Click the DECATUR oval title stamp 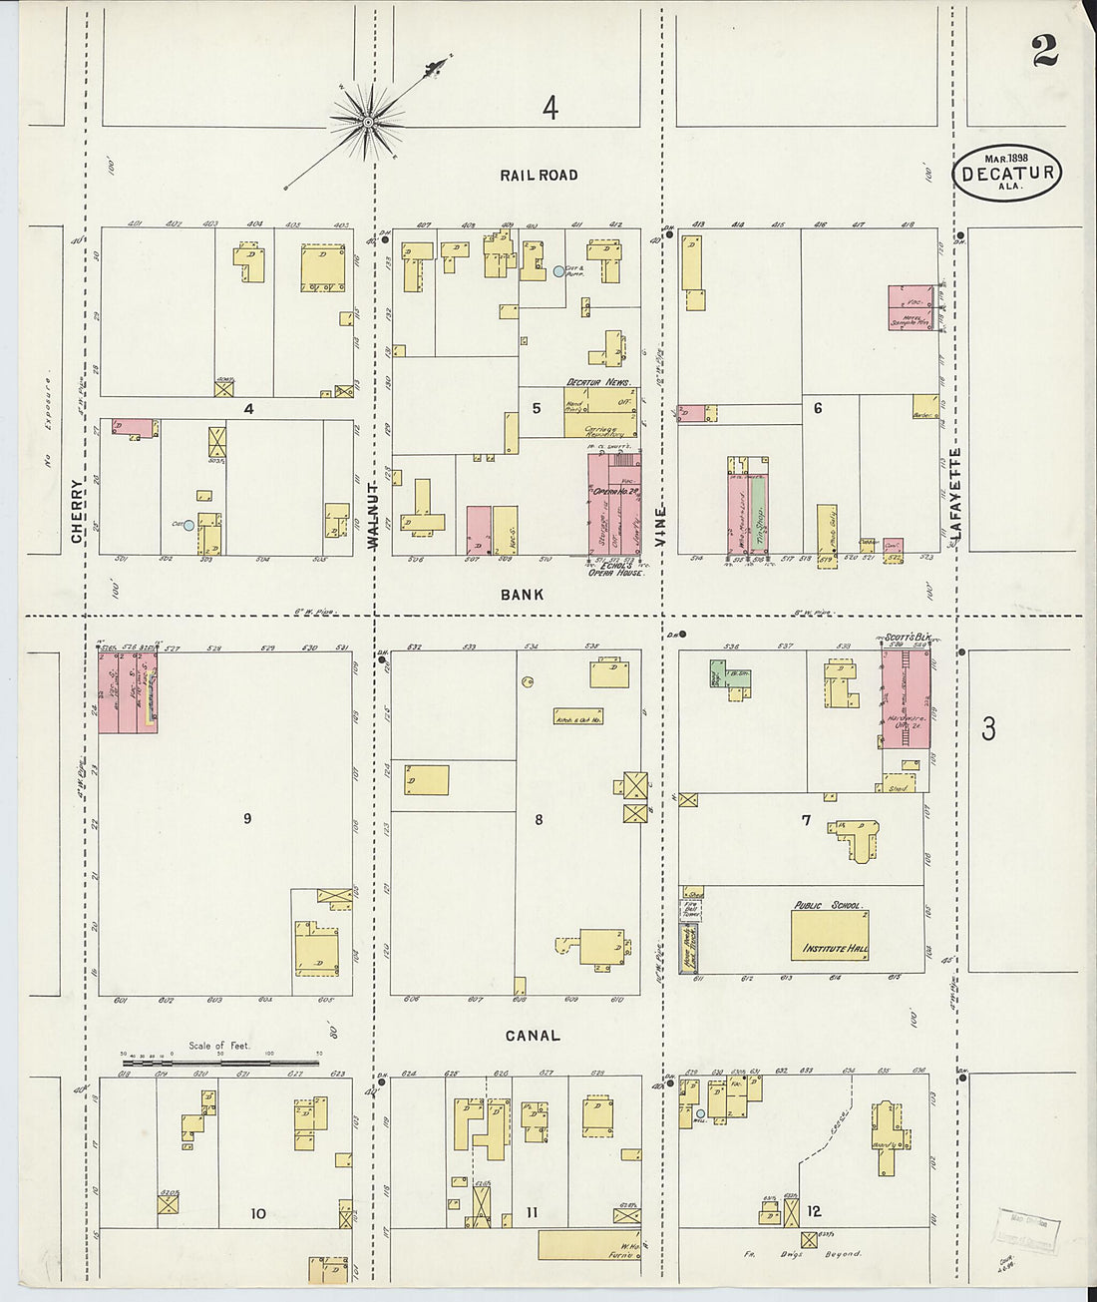1007,174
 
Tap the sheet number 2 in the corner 1044,51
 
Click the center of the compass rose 368,123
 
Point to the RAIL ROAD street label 539,176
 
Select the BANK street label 523,595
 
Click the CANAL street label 533,1036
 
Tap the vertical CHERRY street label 78,510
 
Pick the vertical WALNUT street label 374,515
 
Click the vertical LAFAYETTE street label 954,494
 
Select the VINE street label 660,524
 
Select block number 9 247,819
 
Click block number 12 814,1211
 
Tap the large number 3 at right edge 987,729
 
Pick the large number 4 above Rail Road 549,108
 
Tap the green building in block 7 716,674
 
